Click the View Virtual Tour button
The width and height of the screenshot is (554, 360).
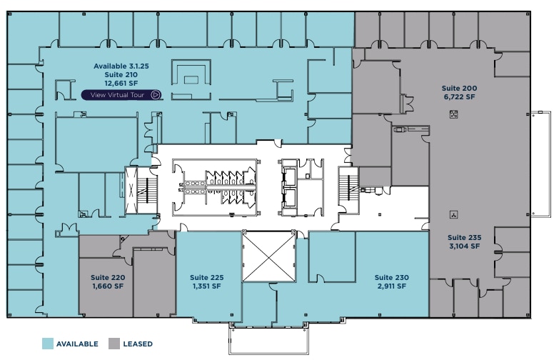[121, 95]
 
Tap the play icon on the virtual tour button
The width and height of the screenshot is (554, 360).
[155, 95]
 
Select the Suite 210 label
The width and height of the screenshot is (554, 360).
[121, 74]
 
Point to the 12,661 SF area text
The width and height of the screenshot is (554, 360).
[121, 83]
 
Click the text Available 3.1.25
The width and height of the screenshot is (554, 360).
[121, 66]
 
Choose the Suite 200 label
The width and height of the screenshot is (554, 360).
[460, 88]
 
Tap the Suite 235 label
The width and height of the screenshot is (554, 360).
[465, 237]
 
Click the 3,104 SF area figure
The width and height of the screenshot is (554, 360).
[465, 246]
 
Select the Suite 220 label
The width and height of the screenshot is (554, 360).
[108, 277]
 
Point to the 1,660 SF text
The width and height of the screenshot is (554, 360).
[108, 286]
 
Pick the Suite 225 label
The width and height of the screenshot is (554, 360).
[206, 277]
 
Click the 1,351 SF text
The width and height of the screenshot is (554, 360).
[206, 286]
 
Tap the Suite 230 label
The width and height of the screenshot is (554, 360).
[392, 277]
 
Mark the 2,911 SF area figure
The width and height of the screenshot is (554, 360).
[392, 286]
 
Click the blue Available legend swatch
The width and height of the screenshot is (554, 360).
[48, 344]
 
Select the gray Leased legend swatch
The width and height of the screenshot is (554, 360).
[114, 344]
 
